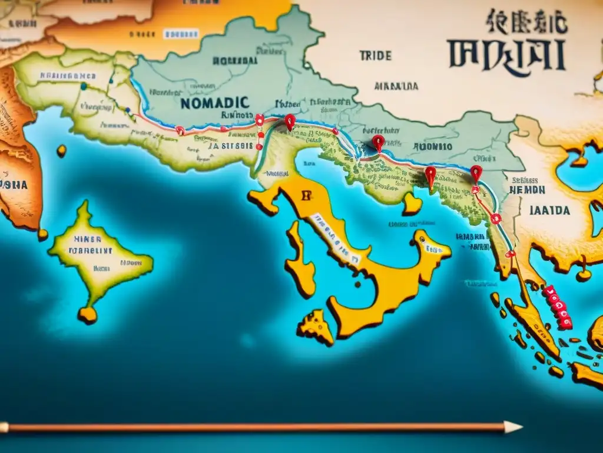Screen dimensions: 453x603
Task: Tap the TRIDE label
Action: [x=375, y=56]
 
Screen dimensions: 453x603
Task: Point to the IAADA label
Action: [x=550, y=211]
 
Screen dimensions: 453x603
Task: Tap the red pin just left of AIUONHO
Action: [x=378, y=142]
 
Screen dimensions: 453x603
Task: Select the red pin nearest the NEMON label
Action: [x=476, y=172]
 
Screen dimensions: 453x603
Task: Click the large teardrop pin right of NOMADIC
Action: [x=289, y=122]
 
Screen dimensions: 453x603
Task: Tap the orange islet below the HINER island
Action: [x=88, y=314]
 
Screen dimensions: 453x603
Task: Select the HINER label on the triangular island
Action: [x=87, y=240]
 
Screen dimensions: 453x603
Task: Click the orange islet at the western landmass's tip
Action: [x=42, y=234]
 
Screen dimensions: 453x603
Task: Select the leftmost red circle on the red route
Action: [x=180, y=130]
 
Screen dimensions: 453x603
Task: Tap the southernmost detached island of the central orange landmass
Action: [x=316, y=328]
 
